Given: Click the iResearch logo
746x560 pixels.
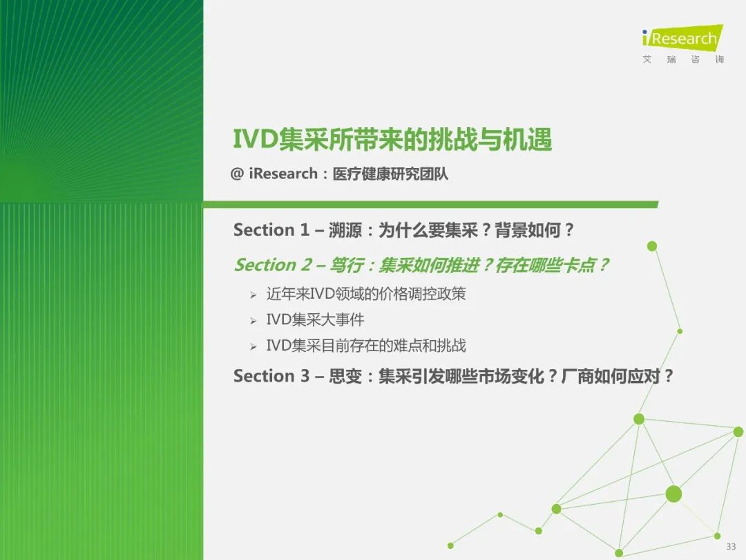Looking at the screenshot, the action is point(682,37).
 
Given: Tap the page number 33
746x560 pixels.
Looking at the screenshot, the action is point(731,546).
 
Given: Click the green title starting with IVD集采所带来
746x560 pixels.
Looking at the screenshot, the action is point(392,140).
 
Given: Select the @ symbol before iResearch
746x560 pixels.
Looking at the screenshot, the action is point(237,174).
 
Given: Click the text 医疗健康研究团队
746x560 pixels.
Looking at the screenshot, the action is point(390,174).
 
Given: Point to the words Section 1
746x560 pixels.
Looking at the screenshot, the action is point(271,230).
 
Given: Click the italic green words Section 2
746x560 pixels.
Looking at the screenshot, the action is point(273,265).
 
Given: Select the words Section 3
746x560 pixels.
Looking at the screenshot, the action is point(271,376).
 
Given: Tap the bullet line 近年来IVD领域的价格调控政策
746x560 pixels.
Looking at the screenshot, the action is point(366,294).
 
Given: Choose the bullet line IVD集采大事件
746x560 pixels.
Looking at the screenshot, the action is point(315,319).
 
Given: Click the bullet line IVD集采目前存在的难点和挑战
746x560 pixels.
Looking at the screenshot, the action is point(366,345).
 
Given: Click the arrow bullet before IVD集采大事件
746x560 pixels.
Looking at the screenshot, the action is point(253,321).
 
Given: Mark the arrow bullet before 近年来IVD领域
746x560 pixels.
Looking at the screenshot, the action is point(253,295).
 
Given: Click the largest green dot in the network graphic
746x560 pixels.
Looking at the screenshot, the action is point(673,494).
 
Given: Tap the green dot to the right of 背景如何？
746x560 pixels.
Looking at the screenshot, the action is point(652,246).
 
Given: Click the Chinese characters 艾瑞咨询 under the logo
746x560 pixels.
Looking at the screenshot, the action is point(682,59).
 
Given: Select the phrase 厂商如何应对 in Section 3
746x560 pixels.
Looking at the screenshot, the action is point(611,376).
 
